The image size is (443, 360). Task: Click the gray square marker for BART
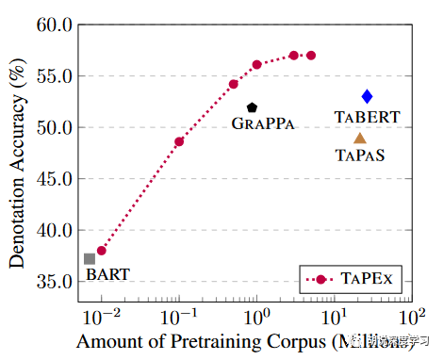[90, 258]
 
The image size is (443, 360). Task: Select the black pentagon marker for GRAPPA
[252, 108]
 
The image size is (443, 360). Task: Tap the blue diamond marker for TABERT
[367, 96]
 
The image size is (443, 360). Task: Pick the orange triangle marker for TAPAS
[359, 138]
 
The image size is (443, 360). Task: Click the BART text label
[107, 275]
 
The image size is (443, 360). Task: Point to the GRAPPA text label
[263, 123]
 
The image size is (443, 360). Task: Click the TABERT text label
[367, 117]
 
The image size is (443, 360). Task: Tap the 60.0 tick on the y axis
[55, 25]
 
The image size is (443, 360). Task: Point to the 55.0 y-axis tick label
[55, 76]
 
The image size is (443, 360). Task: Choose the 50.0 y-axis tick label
[55, 127]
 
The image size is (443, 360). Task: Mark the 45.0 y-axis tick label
[55, 179]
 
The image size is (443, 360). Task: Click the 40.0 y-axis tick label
[55, 230]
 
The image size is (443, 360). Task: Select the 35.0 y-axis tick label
[55, 282]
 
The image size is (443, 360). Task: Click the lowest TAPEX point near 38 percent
[102, 251]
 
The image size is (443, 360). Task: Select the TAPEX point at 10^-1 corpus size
[179, 141]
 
